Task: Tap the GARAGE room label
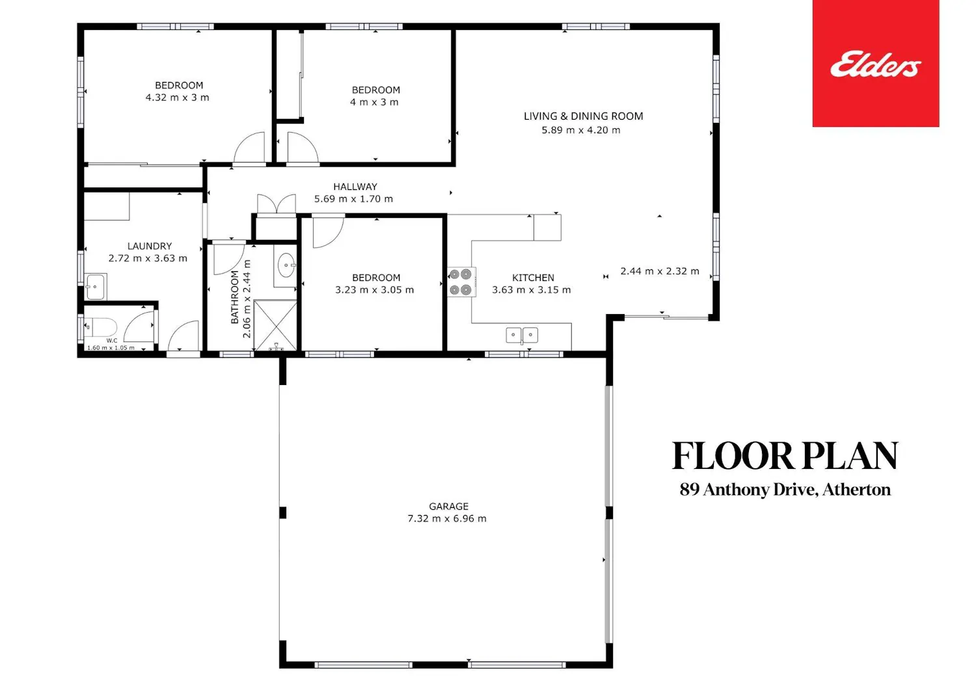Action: [448, 506]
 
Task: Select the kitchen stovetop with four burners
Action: [461, 282]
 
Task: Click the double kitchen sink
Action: [522, 336]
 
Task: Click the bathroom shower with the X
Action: [275, 325]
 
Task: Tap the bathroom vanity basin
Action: [286, 265]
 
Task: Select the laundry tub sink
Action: [96, 287]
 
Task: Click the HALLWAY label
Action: [355, 187]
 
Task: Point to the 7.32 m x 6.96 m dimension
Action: [446, 518]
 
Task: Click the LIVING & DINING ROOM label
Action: [584, 116]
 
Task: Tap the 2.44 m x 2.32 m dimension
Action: [660, 271]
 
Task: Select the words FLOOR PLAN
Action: [785, 456]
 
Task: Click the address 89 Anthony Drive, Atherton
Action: [785, 490]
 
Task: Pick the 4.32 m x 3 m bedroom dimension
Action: [178, 97]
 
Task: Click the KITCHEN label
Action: [533, 278]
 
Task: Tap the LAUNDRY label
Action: [150, 246]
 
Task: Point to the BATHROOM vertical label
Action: [235, 297]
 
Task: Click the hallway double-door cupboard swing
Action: [277, 204]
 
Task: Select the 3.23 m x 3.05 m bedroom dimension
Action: [374, 289]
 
